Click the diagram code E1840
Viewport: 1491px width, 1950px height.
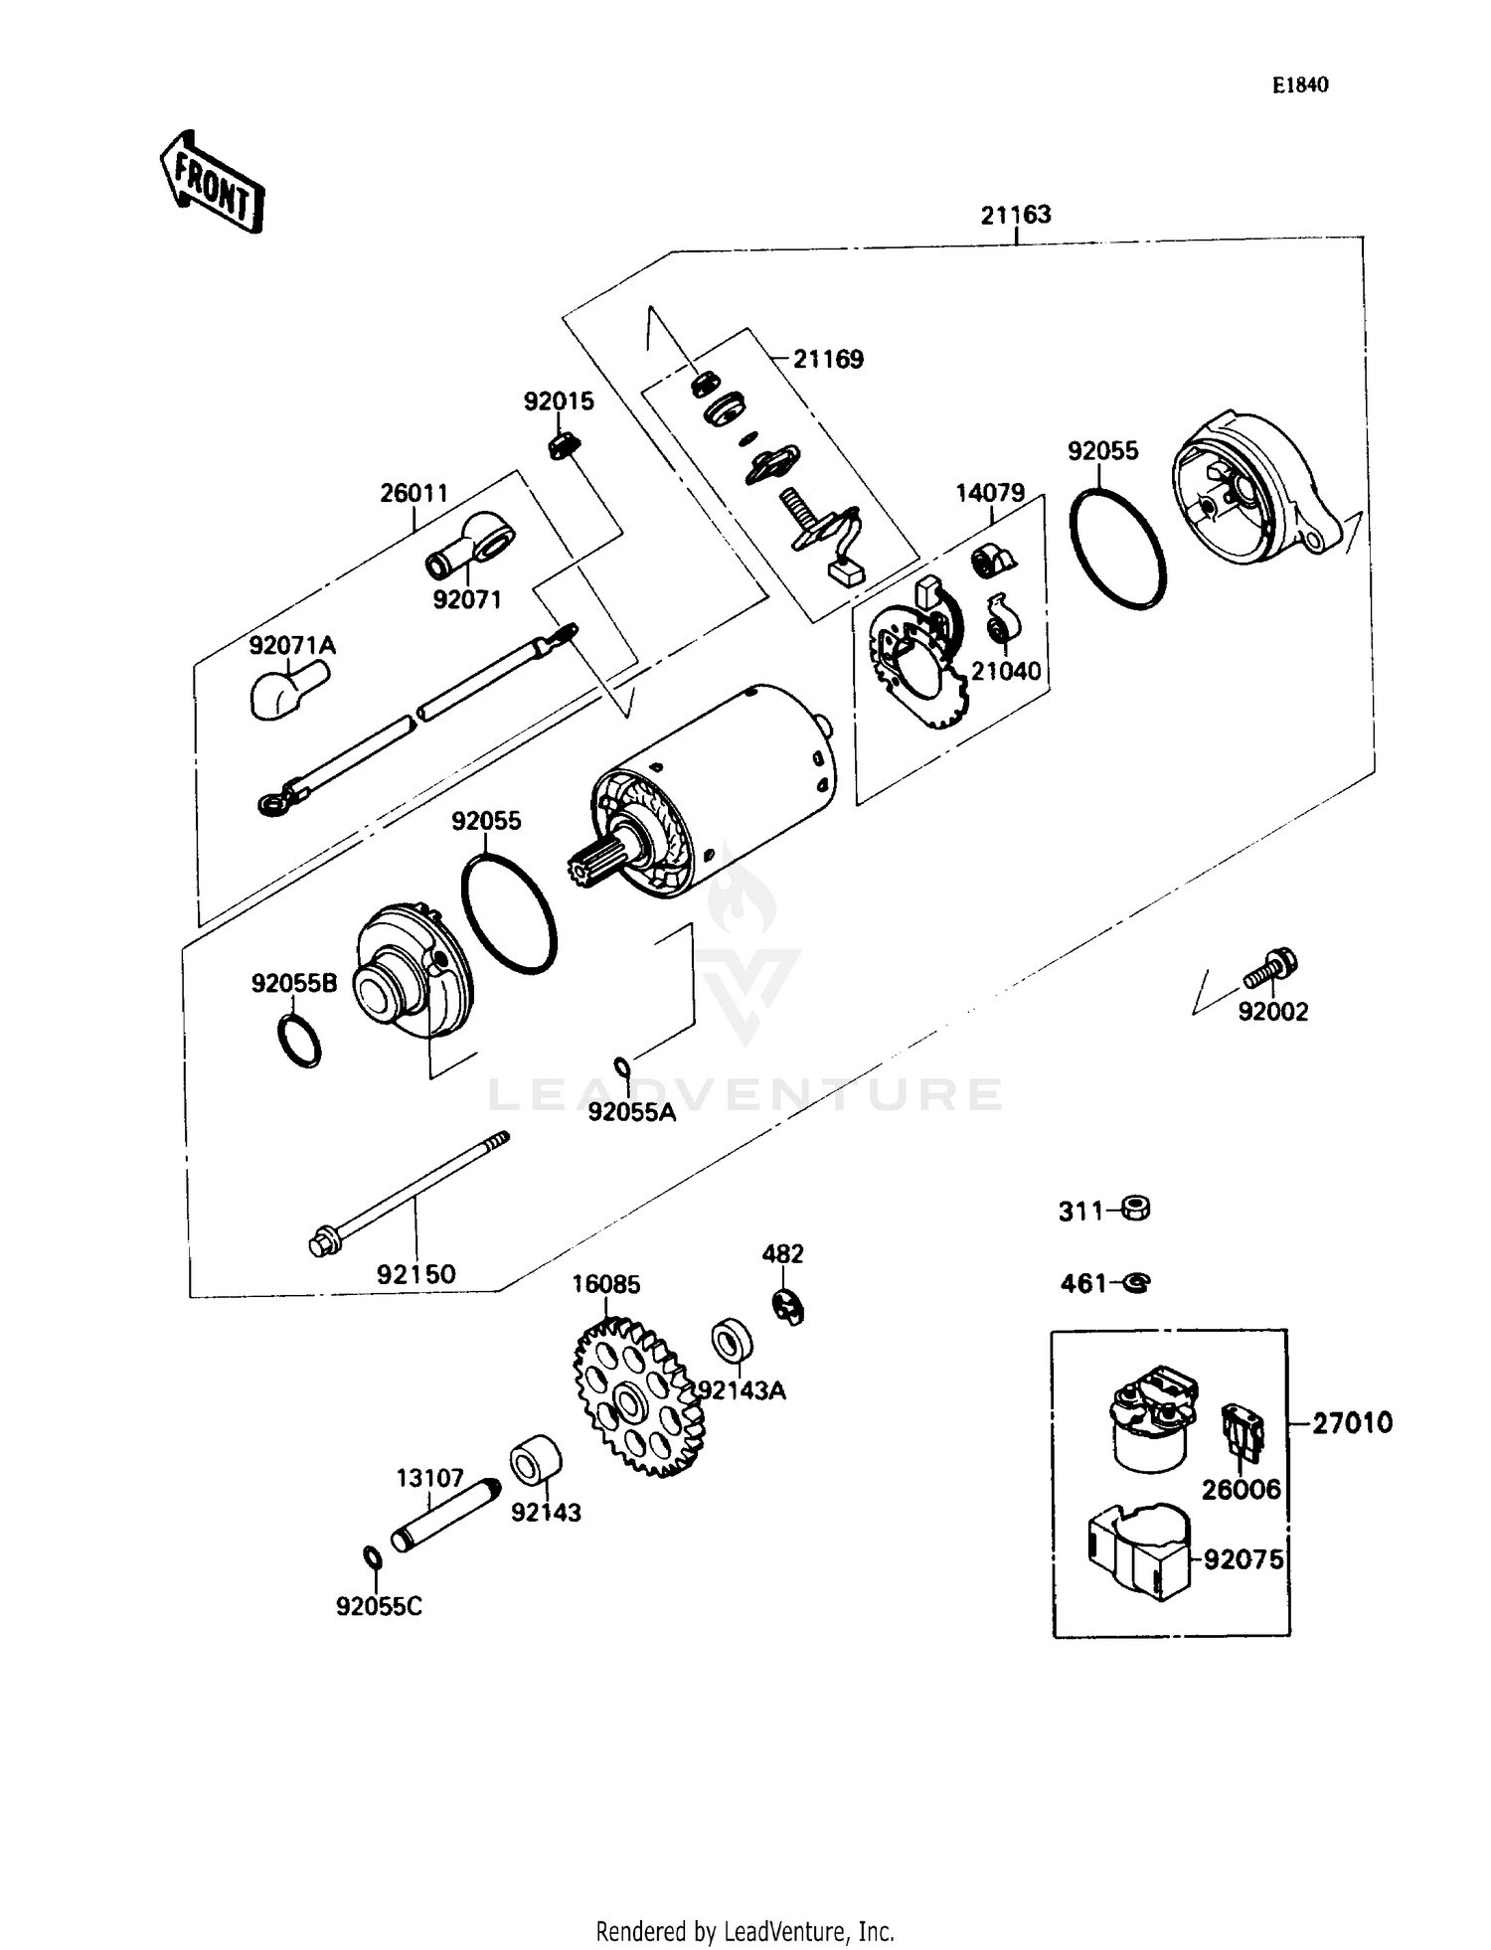(x=1299, y=85)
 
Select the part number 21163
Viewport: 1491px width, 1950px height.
(x=1015, y=215)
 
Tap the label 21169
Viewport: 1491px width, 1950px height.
(x=827, y=360)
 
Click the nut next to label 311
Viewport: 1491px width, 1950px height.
(x=1135, y=1210)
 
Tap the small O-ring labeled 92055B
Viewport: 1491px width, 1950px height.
(x=298, y=1041)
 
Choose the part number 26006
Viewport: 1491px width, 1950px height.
(x=1241, y=1490)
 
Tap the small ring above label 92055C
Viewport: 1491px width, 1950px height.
(x=371, y=1556)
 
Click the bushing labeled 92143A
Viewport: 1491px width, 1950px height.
(x=732, y=1341)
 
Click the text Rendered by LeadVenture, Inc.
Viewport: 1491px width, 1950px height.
(x=745, y=1931)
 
